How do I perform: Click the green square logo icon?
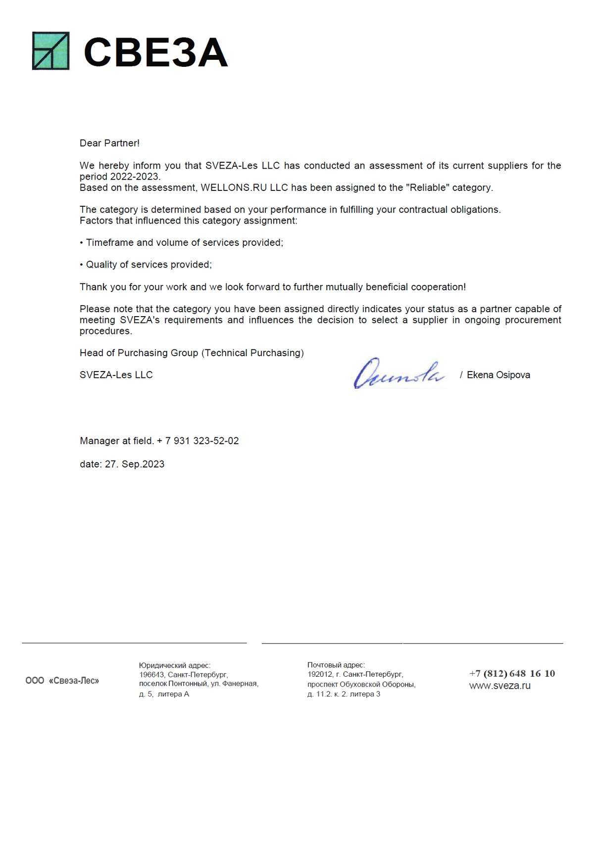[x=50, y=51]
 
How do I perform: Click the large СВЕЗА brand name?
[x=155, y=52]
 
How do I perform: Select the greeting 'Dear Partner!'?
[x=109, y=143]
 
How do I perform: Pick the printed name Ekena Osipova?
[x=498, y=375]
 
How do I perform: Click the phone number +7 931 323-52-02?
[x=202, y=441]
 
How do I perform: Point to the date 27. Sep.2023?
[x=134, y=465]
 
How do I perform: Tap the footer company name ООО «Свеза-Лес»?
[x=62, y=681]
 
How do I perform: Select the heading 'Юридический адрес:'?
[x=175, y=666]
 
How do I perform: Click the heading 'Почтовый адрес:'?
[x=336, y=665]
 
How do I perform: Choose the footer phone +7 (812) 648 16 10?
[x=512, y=674]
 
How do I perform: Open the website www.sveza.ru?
[x=499, y=686]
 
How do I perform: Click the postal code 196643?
[x=151, y=675]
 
